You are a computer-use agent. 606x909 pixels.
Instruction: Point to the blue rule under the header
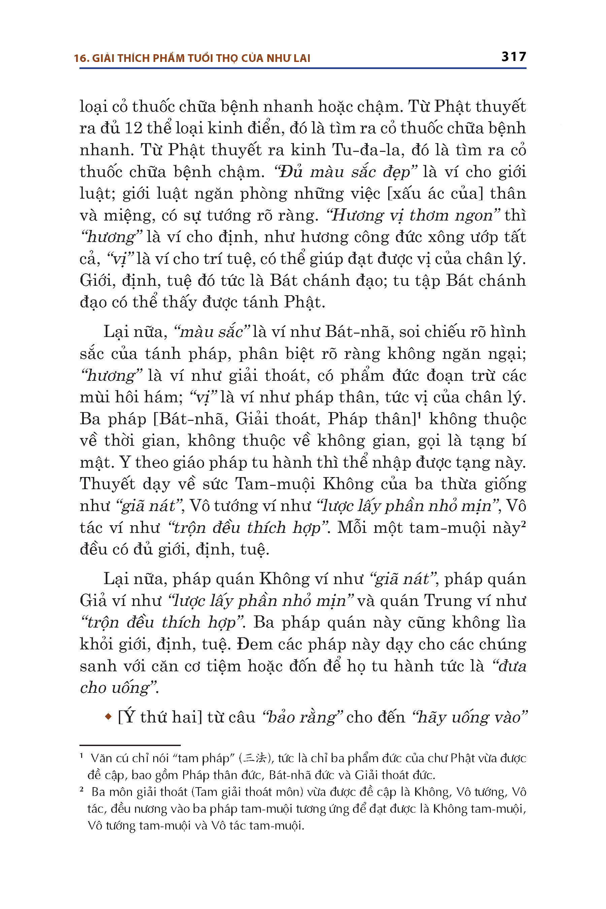[x=303, y=68]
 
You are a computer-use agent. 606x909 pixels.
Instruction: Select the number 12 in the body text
[x=133, y=128]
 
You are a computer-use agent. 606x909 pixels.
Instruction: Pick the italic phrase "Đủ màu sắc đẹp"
[x=345, y=172]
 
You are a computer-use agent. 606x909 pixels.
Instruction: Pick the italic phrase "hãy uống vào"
[x=470, y=717]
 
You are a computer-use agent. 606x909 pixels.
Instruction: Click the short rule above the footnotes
[x=130, y=745]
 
